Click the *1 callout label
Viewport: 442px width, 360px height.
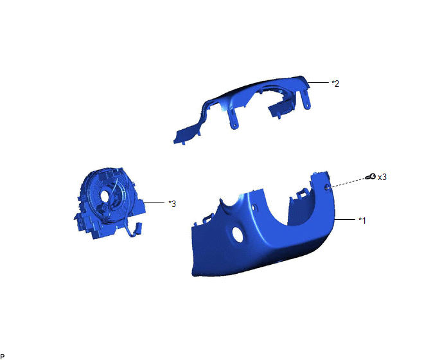coord(362,221)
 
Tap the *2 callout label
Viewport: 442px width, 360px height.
coord(335,84)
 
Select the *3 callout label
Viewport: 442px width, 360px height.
coord(172,203)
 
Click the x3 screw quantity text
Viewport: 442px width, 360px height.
coord(382,177)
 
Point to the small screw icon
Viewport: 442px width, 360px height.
coord(371,177)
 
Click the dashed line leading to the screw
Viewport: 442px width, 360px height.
coord(347,183)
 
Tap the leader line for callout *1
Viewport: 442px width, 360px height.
coord(344,219)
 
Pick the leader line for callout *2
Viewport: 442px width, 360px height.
coord(318,82)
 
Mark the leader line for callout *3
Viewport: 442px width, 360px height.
coord(154,202)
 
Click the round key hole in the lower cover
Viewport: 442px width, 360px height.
coord(237,234)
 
